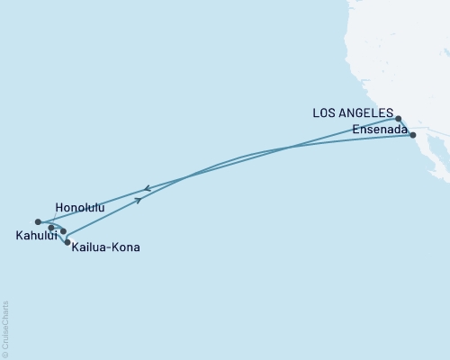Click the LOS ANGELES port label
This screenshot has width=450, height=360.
tap(353, 113)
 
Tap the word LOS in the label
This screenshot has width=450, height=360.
tap(324, 113)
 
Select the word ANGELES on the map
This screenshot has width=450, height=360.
tap(366, 113)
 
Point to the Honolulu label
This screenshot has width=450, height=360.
tap(80, 207)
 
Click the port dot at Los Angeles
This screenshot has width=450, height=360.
tap(399, 118)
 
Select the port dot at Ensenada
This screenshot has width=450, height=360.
tap(413, 135)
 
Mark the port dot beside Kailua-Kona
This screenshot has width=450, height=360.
tap(67, 242)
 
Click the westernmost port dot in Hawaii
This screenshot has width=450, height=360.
tap(38, 221)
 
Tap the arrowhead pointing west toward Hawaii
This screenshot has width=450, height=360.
tap(146, 189)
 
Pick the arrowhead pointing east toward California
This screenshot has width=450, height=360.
tap(139, 201)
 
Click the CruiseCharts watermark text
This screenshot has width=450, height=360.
tap(5, 329)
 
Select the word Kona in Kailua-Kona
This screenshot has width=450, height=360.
tap(125, 247)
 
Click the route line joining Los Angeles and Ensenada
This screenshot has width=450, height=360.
tap(406, 127)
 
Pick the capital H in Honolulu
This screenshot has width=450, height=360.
tap(59, 207)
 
